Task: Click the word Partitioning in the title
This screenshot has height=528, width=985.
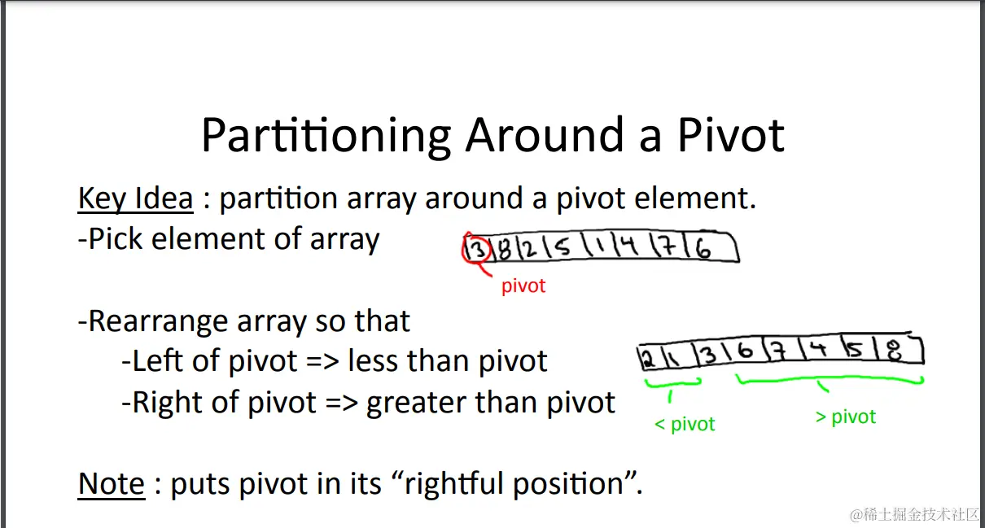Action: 326,136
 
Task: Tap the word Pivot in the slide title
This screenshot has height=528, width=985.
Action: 731,134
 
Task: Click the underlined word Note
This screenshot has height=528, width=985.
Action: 112,483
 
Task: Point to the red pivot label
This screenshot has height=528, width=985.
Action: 523,286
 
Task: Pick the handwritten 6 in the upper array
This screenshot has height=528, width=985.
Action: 703,249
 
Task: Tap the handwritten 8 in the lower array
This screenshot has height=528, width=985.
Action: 895,351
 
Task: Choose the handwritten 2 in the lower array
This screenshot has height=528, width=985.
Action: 647,359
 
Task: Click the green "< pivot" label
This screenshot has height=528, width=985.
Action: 685,424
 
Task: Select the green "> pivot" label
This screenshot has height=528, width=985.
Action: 846,417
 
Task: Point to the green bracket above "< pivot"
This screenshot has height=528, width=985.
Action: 672,384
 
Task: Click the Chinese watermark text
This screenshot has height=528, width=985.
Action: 916,514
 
